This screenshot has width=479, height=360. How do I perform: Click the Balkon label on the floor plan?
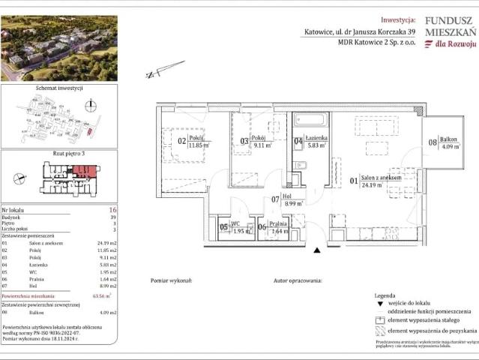click(x=448, y=140)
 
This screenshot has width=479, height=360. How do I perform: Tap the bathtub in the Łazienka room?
click(x=309, y=119)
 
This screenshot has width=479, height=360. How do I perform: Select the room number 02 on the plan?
click(x=181, y=139)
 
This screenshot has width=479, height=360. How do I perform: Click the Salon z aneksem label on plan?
click(x=380, y=178)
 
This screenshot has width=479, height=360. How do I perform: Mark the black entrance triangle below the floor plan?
click(x=317, y=250)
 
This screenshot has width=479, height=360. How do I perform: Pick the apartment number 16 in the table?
click(x=112, y=211)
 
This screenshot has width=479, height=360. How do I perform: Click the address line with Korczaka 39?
click(x=358, y=32)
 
